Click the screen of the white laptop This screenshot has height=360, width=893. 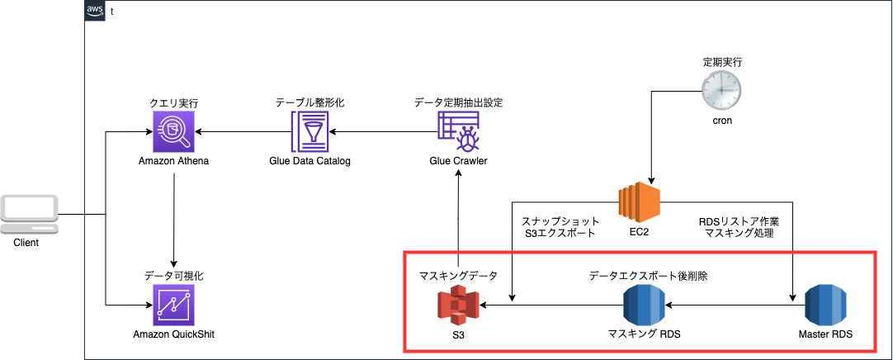29,207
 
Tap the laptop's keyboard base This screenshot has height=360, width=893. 29,228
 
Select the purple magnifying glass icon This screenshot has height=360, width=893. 173,131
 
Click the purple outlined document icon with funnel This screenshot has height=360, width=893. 309,131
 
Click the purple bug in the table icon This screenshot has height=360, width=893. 458,131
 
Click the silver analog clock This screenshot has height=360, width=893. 721,89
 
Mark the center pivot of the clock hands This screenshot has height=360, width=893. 721,89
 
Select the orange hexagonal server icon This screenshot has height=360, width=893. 639,202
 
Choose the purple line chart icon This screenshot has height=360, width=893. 173,305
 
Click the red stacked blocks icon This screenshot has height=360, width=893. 458,305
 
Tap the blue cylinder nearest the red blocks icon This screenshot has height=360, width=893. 644,305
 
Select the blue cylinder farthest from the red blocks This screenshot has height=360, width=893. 825,305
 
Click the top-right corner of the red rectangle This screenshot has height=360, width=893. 875,252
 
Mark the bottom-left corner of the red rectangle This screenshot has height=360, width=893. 404,352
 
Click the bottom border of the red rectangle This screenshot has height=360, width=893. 640,352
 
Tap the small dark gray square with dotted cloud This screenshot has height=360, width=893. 95,11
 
